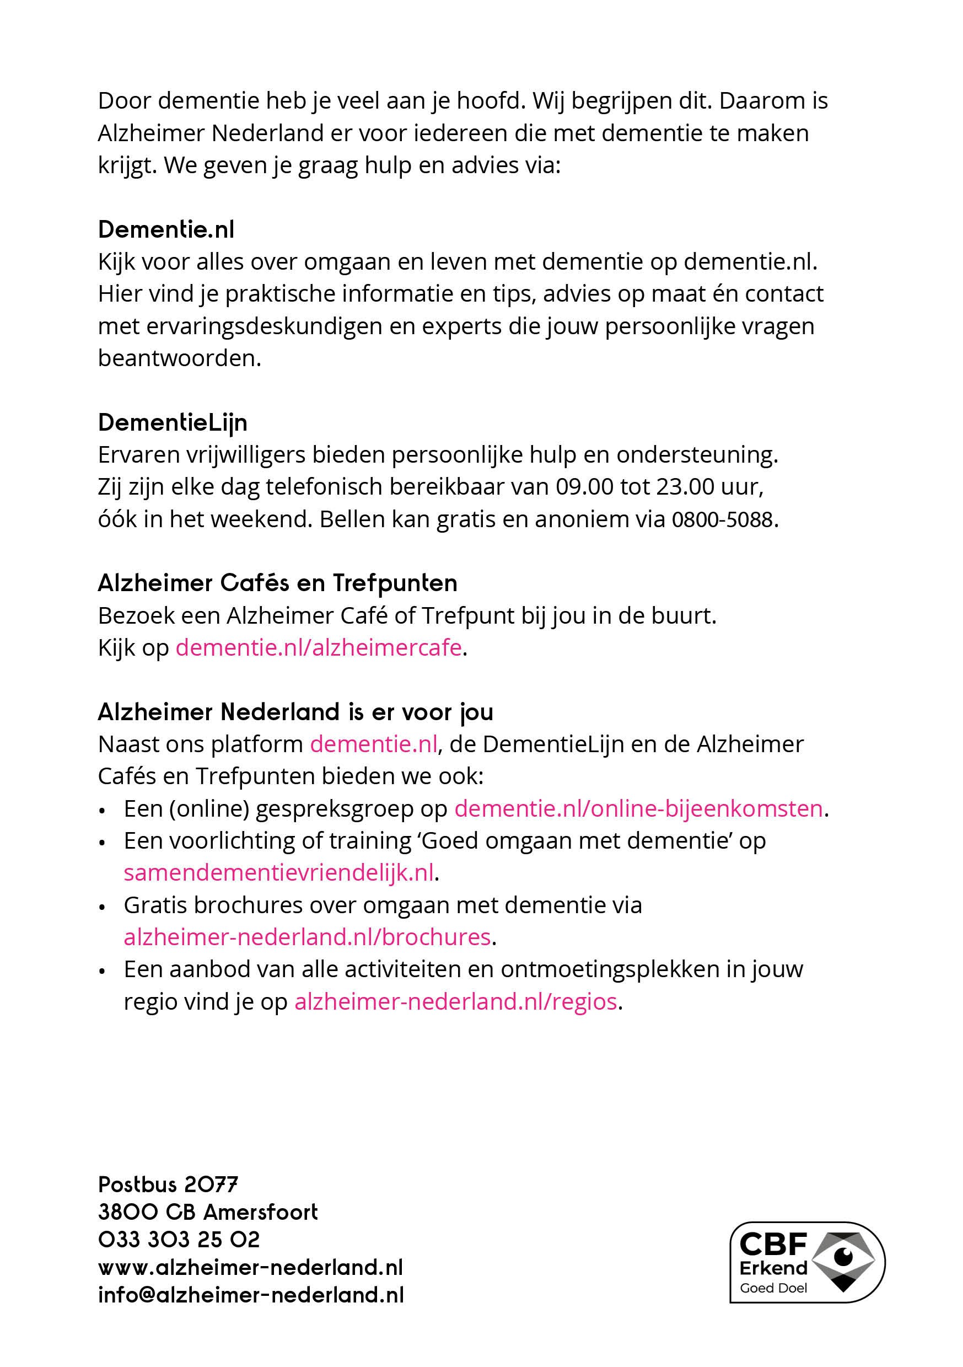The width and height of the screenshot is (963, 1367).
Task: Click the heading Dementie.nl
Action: click(166, 230)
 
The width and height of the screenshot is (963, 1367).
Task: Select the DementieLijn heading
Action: click(173, 423)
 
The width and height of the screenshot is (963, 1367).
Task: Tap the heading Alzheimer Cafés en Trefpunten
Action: click(277, 583)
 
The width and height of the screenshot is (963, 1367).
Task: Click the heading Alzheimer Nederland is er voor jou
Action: click(295, 712)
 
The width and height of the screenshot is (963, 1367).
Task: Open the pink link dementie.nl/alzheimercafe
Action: click(319, 648)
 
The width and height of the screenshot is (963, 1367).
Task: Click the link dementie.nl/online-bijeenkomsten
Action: click(638, 808)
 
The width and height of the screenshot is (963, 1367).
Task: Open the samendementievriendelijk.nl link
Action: click(278, 873)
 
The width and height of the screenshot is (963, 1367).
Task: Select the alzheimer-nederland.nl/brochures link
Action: click(307, 937)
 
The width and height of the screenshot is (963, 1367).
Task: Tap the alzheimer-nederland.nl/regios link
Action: click(455, 1001)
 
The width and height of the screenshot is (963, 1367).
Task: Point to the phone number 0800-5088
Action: click(722, 520)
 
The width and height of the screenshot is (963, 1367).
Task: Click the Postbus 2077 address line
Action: click(168, 1185)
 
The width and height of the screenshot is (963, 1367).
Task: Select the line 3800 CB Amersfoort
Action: click(208, 1212)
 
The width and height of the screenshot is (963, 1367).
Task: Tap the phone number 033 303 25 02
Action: click(179, 1240)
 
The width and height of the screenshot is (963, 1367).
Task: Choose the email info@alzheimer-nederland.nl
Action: click(251, 1295)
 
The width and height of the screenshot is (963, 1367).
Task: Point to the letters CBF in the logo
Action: click(772, 1244)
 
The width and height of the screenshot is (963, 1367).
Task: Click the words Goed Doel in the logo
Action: click(773, 1288)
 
